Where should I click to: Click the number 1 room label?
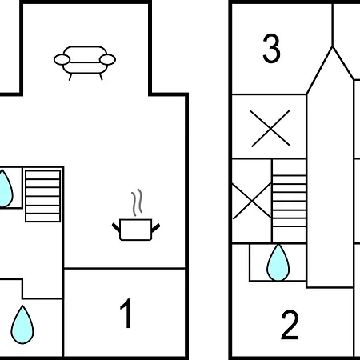tap(126, 314)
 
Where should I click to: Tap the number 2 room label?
tap(290, 325)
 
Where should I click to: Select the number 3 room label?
tap(271, 48)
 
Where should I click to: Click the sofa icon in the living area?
tap(85, 63)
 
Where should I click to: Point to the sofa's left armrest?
tap(62, 59)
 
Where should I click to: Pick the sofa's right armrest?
tap(107, 59)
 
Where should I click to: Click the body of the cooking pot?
tap(136, 230)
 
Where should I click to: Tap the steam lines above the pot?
tap(137, 202)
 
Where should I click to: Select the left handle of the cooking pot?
tap(116, 227)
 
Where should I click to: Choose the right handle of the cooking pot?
tap(156, 227)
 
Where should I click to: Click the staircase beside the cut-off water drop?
tap(42, 196)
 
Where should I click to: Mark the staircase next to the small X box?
tap(289, 201)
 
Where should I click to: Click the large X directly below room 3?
tap(270, 129)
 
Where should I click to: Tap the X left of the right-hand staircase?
tap(252, 201)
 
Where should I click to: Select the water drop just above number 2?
tap(278, 263)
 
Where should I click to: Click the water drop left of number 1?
tap(22, 325)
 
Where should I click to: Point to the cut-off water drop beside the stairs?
tap(6, 189)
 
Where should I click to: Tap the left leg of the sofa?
tap(70, 77)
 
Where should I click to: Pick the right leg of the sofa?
tap(101, 77)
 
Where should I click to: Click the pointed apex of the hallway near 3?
tap(332, 46)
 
